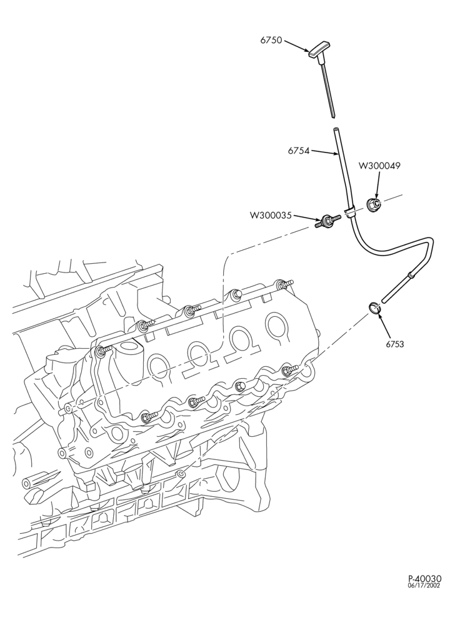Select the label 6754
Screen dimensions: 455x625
point(298,151)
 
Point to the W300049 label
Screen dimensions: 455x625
point(380,166)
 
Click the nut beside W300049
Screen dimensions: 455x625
point(373,205)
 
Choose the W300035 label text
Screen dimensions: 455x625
point(271,215)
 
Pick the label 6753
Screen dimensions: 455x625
point(394,344)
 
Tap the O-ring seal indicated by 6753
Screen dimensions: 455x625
point(374,307)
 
